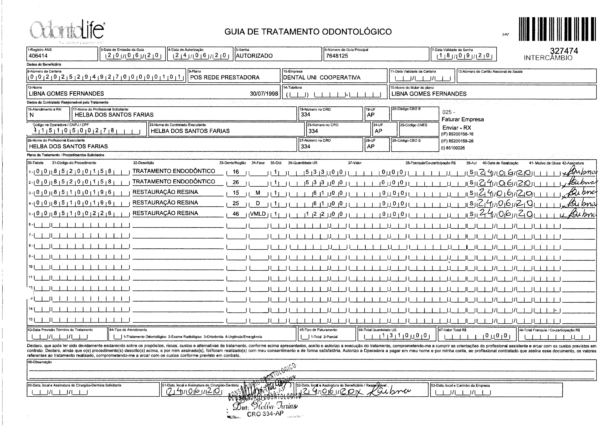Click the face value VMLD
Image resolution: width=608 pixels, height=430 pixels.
258,214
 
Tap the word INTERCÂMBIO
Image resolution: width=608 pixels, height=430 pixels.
548,58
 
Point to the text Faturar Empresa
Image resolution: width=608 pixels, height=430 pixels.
463,119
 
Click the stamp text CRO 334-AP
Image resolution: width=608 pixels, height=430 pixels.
265,414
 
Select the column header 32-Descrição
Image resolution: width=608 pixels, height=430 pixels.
143,163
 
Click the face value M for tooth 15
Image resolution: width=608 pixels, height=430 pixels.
258,193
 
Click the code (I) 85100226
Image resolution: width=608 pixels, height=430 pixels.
453,148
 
